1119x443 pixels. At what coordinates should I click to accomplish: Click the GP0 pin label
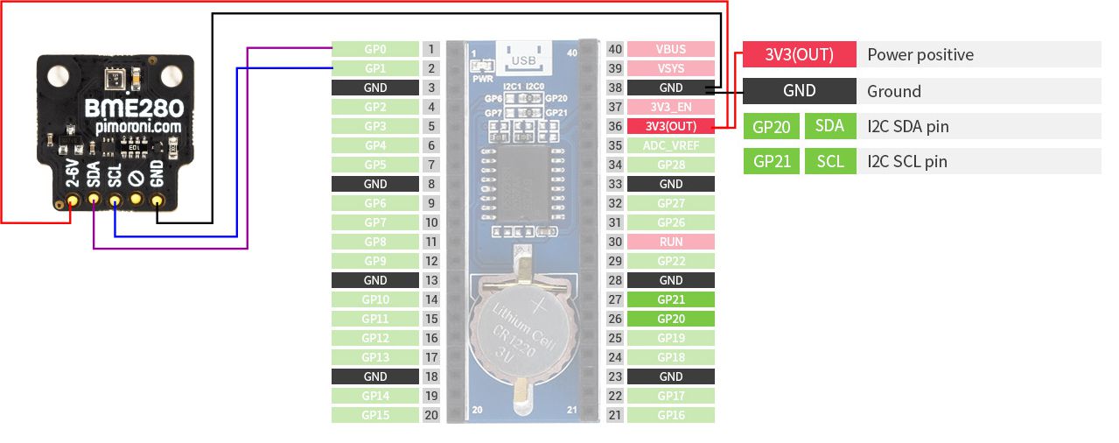tap(374, 49)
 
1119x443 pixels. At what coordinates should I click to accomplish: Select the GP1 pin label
tap(374, 68)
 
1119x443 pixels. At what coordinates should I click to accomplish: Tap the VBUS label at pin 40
tap(671, 49)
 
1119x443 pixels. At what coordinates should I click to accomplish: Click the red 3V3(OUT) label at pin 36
tap(671, 126)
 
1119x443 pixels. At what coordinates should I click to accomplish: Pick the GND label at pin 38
tap(671, 88)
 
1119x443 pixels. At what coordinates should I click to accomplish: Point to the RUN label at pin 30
tap(671, 242)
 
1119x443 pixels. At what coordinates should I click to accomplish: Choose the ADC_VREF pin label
tap(671, 145)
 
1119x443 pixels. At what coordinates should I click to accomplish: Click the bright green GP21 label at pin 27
tap(671, 299)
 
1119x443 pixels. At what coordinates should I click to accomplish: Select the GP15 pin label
tap(374, 415)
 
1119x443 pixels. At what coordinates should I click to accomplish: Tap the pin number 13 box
tap(430, 280)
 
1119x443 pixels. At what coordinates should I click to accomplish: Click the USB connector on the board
tap(522, 58)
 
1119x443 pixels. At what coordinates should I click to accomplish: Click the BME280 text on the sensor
tap(134, 109)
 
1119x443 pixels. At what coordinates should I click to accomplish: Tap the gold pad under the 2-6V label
tap(72, 202)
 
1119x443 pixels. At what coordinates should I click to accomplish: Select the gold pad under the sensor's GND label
tap(157, 202)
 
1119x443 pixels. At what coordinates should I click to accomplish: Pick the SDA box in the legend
tap(829, 125)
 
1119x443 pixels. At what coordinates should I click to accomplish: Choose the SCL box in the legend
tap(829, 161)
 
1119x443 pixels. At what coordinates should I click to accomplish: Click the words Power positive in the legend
tap(920, 54)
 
